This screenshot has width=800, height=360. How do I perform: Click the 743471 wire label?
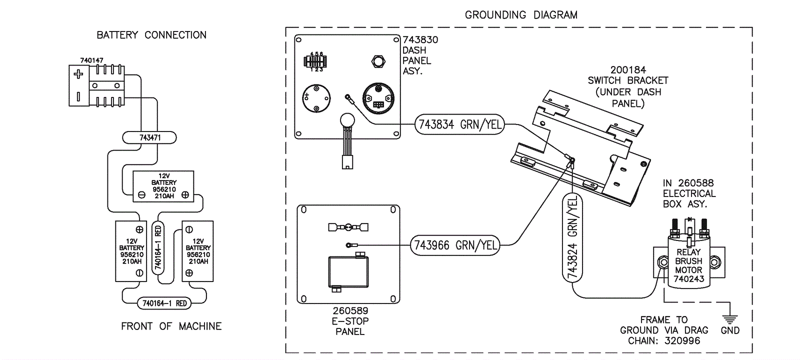tap(149, 137)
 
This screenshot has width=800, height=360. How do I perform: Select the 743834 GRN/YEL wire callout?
tap(459, 124)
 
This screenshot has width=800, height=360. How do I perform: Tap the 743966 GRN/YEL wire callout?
tap(455, 245)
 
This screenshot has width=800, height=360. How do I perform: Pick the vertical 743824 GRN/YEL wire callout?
tap(572, 237)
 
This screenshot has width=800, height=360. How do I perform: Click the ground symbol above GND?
tap(730, 318)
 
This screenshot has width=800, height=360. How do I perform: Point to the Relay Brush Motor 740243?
tap(688, 265)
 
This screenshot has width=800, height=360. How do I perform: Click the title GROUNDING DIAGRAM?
tap(521, 15)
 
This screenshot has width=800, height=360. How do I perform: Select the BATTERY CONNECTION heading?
tap(151, 35)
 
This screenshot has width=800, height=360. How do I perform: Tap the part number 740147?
tap(91, 60)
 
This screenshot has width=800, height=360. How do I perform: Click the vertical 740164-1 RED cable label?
tap(158, 247)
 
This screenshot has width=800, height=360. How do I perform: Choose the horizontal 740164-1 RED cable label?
tap(164, 303)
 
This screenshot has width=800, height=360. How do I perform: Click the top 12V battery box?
tap(163, 186)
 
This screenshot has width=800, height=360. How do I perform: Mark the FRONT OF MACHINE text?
tap(171, 326)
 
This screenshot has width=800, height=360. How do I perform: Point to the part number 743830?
tap(420, 39)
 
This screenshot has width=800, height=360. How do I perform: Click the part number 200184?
tap(628, 70)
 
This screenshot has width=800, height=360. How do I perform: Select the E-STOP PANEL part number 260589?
tap(350, 310)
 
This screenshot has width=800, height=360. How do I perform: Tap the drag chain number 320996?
tap(682, 341)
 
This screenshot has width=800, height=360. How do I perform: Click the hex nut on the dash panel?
tap(378, 61)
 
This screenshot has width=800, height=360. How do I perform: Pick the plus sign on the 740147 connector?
tap(78, 74)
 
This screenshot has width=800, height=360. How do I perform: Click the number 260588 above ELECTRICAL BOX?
tap(695, 183)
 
